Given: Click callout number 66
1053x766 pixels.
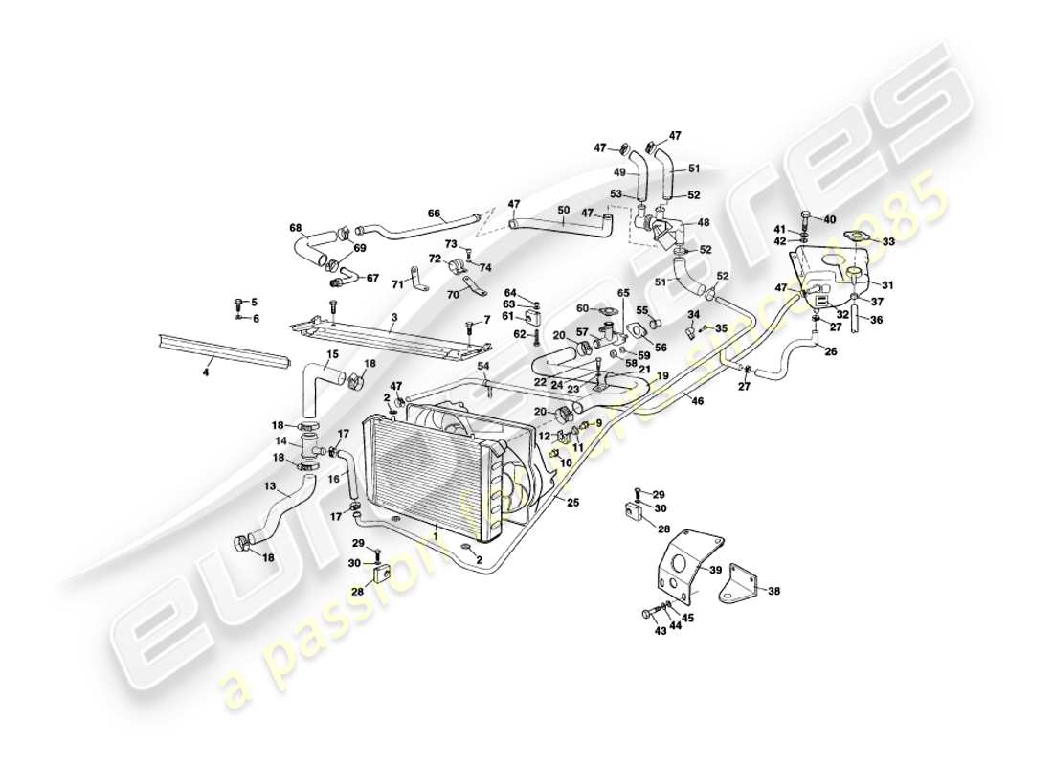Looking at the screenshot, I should (434, 214).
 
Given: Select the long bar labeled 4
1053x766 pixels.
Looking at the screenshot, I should (220, 351).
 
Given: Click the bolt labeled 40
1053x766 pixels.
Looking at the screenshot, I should (807, 218).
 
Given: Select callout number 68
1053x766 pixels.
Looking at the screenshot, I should (295, 228).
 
